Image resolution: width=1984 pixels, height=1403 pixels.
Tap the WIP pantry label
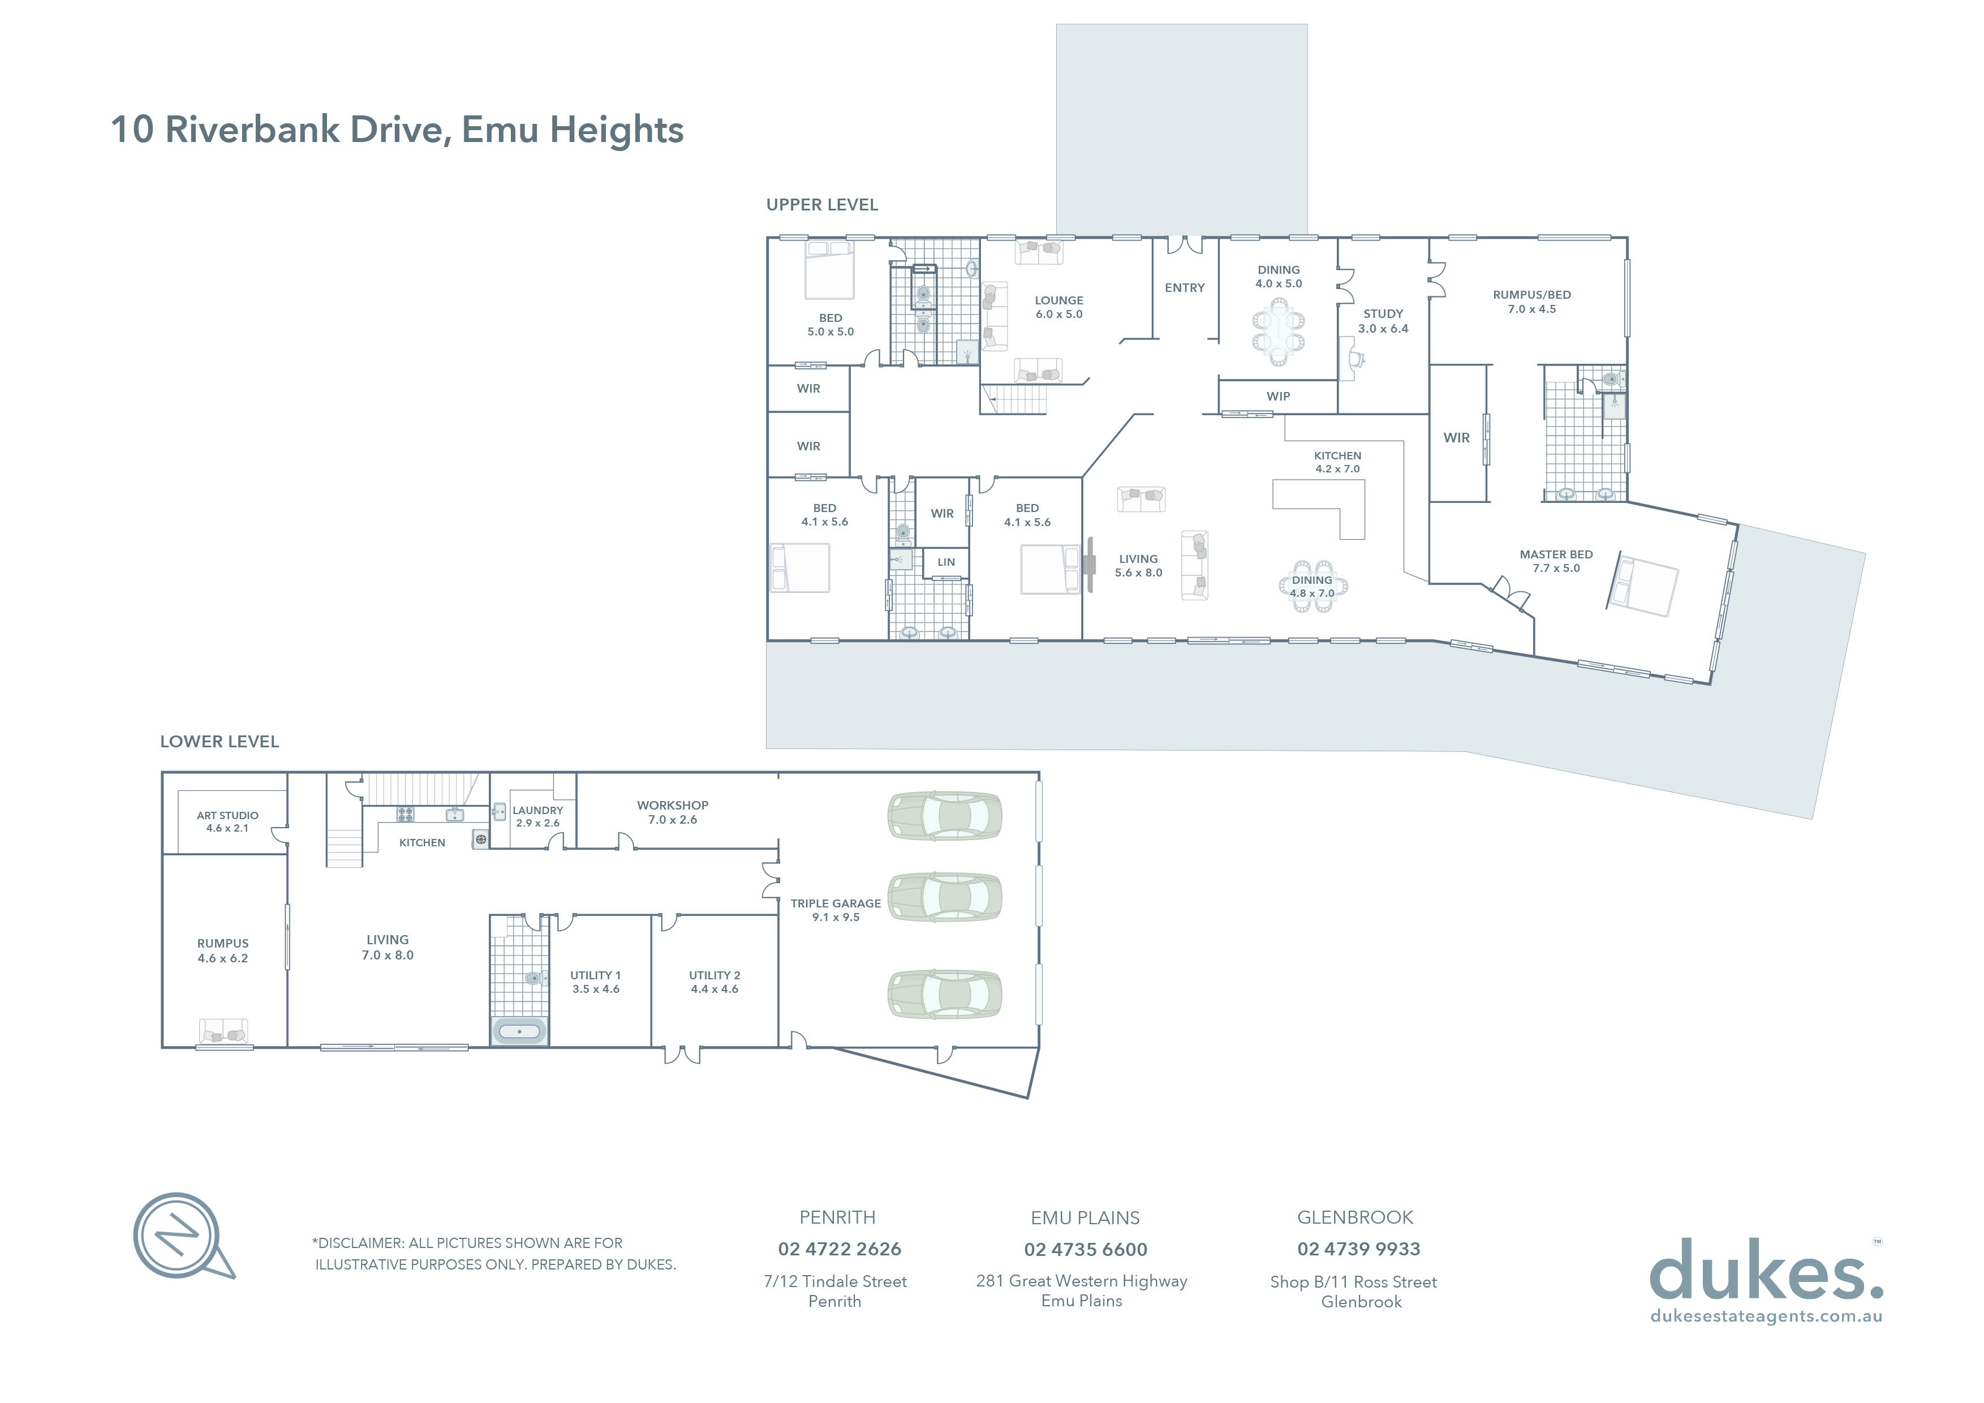[1278, 397]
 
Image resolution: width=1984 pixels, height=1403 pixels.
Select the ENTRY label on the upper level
[1184, 288]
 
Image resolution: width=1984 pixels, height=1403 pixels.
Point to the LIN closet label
[946, 562]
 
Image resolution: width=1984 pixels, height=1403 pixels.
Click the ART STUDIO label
[227, 816]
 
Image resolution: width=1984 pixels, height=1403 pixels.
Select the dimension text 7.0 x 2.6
[672, 820]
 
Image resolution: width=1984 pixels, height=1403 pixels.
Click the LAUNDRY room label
[537, 810]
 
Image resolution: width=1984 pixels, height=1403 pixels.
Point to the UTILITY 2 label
[715, 975]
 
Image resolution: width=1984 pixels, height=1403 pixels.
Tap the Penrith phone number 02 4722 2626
[839, 1249]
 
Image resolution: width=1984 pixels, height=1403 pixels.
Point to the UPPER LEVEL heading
[822, 205]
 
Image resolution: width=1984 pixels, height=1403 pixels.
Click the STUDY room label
[1383, 313]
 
